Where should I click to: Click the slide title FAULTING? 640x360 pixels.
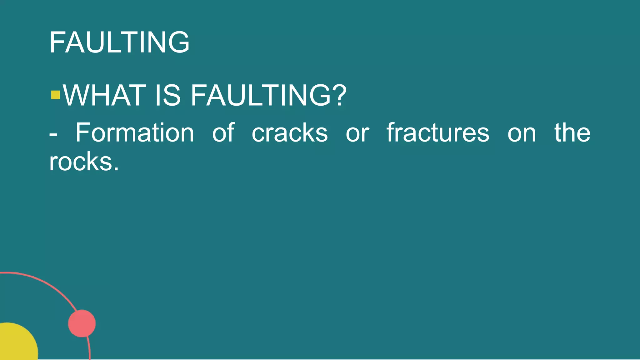pos(119,42)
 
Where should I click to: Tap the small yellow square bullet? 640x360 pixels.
pos(55,95)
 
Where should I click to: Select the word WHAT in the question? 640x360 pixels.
pos(104,95)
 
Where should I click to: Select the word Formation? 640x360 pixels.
pos(135,133)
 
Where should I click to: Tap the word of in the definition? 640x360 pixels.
pos(223,132)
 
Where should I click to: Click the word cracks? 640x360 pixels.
pos(290,133)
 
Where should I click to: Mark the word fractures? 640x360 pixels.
pos(438,133)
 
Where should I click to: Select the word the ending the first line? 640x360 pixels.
pos(572,133)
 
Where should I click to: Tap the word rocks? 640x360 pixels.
pos(81,162)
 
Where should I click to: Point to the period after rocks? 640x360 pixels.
pos(116,169)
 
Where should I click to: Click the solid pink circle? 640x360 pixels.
pos(82,323)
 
